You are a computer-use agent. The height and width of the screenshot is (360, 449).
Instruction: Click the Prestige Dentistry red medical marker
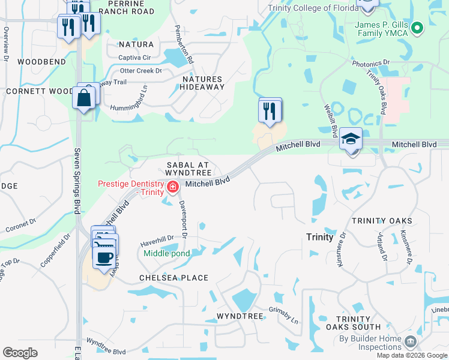pyautogui.click(x=173, y=187)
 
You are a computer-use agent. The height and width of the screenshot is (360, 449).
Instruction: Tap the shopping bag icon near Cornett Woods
pyautogui.click(x=83, y=98)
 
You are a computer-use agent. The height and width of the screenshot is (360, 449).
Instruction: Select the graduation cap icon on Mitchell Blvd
pyautogui.click(x=351, y=140)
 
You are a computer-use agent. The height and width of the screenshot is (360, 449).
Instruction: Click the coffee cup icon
pyautogui.click(x=105, y=258)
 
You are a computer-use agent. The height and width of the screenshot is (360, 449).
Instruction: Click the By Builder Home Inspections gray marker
pyautogui.click(x=411, y=342)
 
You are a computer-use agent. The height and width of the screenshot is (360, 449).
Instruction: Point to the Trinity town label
pyautogui.click(x=319, y=237)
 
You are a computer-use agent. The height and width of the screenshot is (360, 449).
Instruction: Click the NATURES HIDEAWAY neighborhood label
pyautogui.click(x=202, y=83)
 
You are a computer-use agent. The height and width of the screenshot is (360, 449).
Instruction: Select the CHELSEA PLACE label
pyautogui.click(x=173, y=278)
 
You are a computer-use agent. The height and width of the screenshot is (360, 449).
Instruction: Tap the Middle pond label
pyautogui.click(x=167, y=253)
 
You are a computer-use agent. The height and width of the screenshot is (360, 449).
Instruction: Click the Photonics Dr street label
pyautogui.click(x=371, y=62)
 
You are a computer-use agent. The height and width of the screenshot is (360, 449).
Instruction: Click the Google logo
pyautogui.click(x=20, y=352)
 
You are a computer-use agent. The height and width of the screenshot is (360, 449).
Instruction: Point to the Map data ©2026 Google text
pyautogui.click(x=411, y=355)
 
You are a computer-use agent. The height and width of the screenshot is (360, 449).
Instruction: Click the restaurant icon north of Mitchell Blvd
pyautogui.click(x=270, y=110)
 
